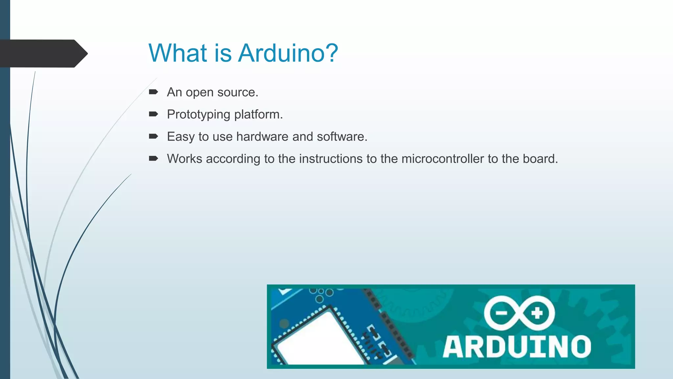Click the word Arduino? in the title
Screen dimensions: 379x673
tap(288, 53)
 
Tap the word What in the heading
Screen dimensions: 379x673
tap(178, 53)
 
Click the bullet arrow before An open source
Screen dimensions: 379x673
tap(153, 92)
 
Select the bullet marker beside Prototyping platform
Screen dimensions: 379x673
tap(153, 114)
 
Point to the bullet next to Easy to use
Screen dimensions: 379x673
tap(153, 136)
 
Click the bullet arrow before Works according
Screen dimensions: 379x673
tap(153, 159)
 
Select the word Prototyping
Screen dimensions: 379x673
tap(198, 115)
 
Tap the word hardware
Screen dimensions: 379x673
tap(262, 137)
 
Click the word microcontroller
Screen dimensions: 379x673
tap(443, 159)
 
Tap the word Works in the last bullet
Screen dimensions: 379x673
tap(184, 159)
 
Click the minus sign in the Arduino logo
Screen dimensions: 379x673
tap(501, 313)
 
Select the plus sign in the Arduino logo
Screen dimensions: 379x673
tap(537, 313)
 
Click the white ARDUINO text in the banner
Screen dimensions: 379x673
tap(517, 347)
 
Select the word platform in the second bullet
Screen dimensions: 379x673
tap(258, 115)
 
